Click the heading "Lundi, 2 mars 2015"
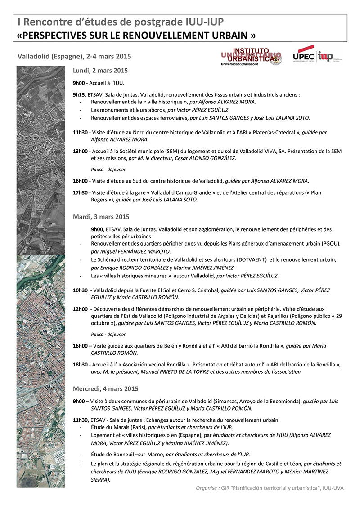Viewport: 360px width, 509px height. pyautogui.click(x=100, y=71)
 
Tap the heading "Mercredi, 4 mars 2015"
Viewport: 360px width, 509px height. pyautogui.click(x=105, y=388)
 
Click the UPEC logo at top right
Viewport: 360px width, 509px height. pyautogui.click(x=304, y=56)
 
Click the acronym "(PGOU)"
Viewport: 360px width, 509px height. pyautogui.click(x=331, y=244)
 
